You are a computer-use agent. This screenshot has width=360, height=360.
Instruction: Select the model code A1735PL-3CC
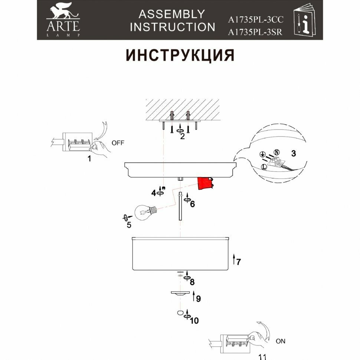point(256,20)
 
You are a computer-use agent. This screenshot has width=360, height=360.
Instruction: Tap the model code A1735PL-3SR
point(255,32)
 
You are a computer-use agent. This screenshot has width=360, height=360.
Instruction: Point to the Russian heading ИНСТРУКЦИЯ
point(180,55)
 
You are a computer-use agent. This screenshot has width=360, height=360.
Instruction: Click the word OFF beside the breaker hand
point(118,143)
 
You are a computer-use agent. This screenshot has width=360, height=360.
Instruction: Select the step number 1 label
point(89,159)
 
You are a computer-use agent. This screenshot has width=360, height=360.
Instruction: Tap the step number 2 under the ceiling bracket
point(182,136)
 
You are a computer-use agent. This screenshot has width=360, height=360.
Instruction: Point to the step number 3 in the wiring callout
point(293,154)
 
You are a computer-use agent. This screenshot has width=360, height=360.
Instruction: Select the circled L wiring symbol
point(264,167)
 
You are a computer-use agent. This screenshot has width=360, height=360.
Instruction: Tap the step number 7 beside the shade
point(239,262)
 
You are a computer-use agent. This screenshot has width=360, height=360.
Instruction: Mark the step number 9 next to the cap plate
point(198,298)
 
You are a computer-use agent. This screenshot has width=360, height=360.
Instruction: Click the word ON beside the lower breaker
point(281,341)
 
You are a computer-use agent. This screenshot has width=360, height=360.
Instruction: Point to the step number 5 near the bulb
point(129,225)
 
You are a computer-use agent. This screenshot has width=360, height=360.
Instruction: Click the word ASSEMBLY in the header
point(171,14)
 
